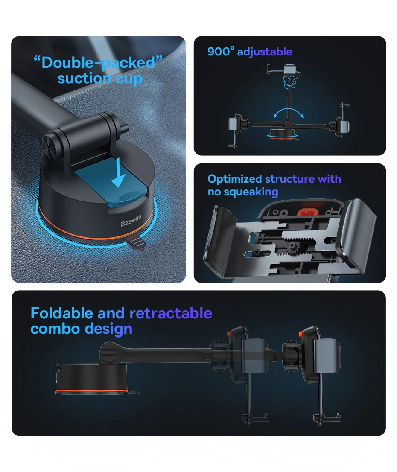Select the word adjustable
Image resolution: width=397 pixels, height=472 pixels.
[265, 52]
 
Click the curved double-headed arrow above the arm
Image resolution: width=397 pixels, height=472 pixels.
[288, 113]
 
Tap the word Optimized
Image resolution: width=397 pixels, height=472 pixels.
[235, 179]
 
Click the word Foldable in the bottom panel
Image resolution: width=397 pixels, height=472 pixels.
[62, 313]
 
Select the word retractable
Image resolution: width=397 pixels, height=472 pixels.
[171, 313]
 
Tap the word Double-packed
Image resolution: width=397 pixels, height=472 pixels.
[98, 63]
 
